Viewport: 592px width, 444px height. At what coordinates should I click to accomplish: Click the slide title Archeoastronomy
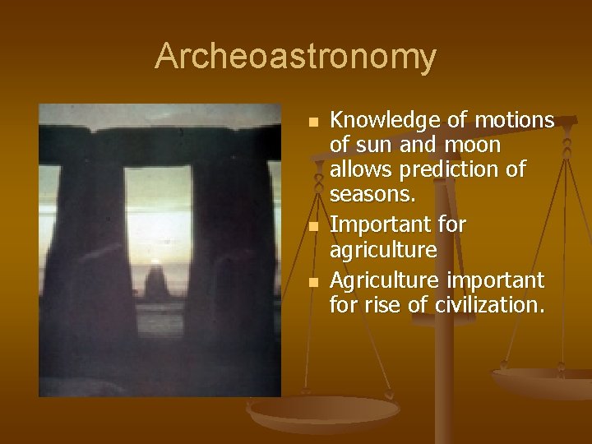pos(295,57)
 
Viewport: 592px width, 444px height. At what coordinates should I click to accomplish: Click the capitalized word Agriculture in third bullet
pos(385,281)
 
